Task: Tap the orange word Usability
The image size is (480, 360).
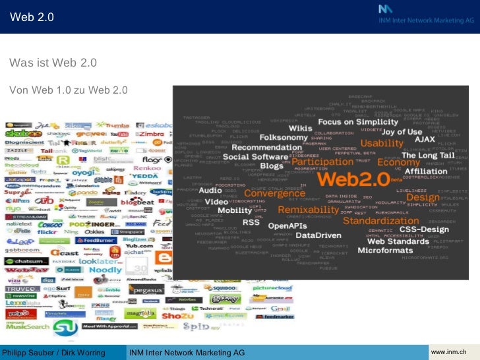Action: [381, 144]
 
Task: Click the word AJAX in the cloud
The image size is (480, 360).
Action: [424, 139]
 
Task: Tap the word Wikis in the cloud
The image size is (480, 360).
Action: [300, 127]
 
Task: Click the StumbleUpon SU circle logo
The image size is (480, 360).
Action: [65, 327]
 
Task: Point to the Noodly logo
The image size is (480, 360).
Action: [105, 270]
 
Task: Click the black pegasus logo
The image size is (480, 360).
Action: [146, 289]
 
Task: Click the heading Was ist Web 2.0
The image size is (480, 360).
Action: [53, 63]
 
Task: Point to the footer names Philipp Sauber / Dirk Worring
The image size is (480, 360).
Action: [54, 353]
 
